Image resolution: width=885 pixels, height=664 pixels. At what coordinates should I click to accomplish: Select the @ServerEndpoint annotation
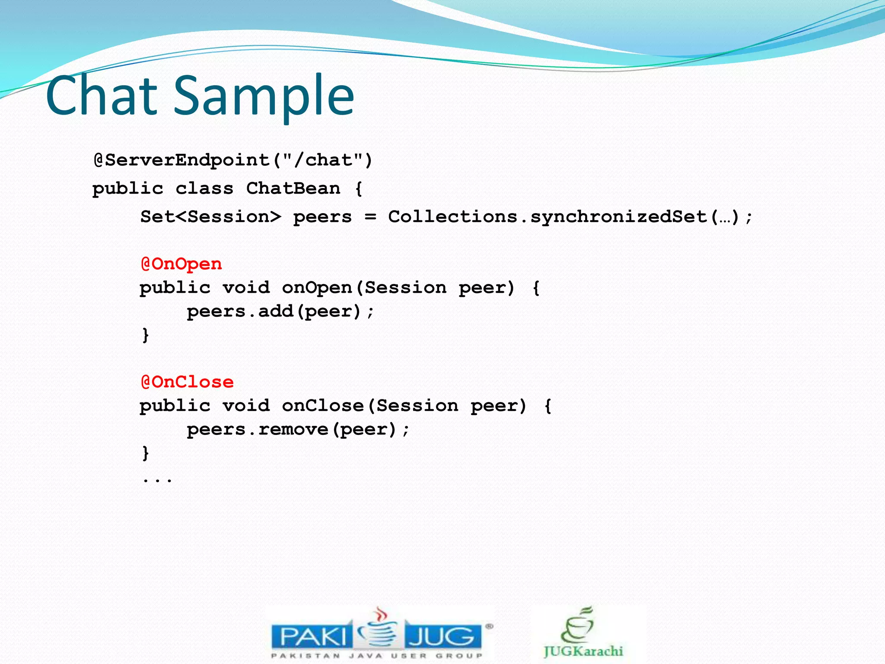click(182, 160)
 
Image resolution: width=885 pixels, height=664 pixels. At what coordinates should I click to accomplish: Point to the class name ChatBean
click(293, 188)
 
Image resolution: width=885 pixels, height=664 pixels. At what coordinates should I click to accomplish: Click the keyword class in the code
click(204, 188)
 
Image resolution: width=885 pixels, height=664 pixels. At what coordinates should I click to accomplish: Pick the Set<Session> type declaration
click(210, 217)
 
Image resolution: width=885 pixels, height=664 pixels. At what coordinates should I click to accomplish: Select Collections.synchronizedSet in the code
click(548, 217)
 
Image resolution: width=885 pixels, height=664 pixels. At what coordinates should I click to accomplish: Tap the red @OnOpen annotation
click(181, 264)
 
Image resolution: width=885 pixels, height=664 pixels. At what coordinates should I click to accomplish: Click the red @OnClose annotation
click(187, 382)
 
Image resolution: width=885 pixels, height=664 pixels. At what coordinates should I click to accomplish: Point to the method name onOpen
click(317, 287)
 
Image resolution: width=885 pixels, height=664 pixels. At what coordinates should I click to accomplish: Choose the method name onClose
click(322, 405)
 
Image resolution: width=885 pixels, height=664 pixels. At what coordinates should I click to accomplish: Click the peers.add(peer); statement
click(280, 311)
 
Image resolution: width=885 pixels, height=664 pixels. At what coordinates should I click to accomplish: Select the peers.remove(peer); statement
click(298, 429)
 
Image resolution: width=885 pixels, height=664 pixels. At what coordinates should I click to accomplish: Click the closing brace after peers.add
click(146, 335)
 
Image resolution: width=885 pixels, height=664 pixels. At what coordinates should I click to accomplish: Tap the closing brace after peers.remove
click(146, 453)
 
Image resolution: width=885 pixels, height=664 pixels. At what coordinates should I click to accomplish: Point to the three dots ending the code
click(157, 479)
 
